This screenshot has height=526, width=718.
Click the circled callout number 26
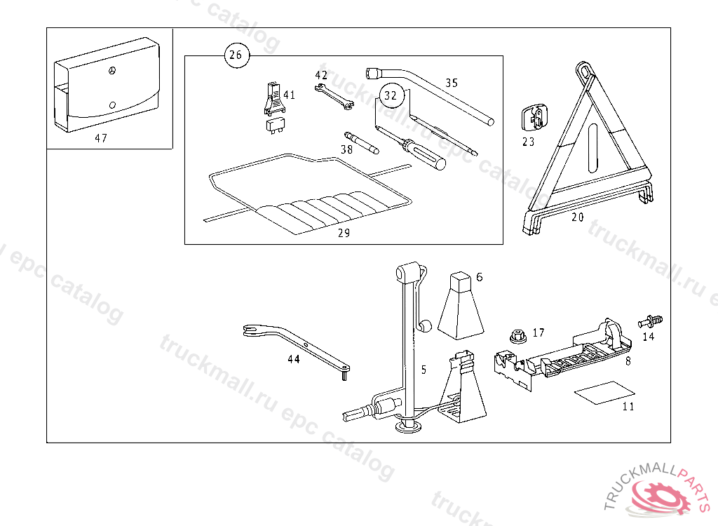coord(236,55)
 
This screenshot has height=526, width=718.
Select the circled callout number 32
coord(391,95)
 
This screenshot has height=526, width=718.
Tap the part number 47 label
coord(101,138)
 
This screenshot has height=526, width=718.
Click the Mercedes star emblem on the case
coord(111,71)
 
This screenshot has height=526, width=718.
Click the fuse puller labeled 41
coord(275,98)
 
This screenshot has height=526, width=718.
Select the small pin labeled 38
coord(362,142)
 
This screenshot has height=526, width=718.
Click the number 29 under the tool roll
coord(344,233)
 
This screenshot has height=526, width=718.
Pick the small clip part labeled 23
coord(534,118)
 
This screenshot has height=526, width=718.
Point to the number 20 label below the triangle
coord(578,217)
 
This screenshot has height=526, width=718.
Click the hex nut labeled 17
coord(518,336)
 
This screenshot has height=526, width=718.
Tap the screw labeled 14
coord(650,321)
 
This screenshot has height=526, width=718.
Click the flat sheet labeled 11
coord(604,393)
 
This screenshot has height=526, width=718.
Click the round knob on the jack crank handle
coord(426,326)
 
